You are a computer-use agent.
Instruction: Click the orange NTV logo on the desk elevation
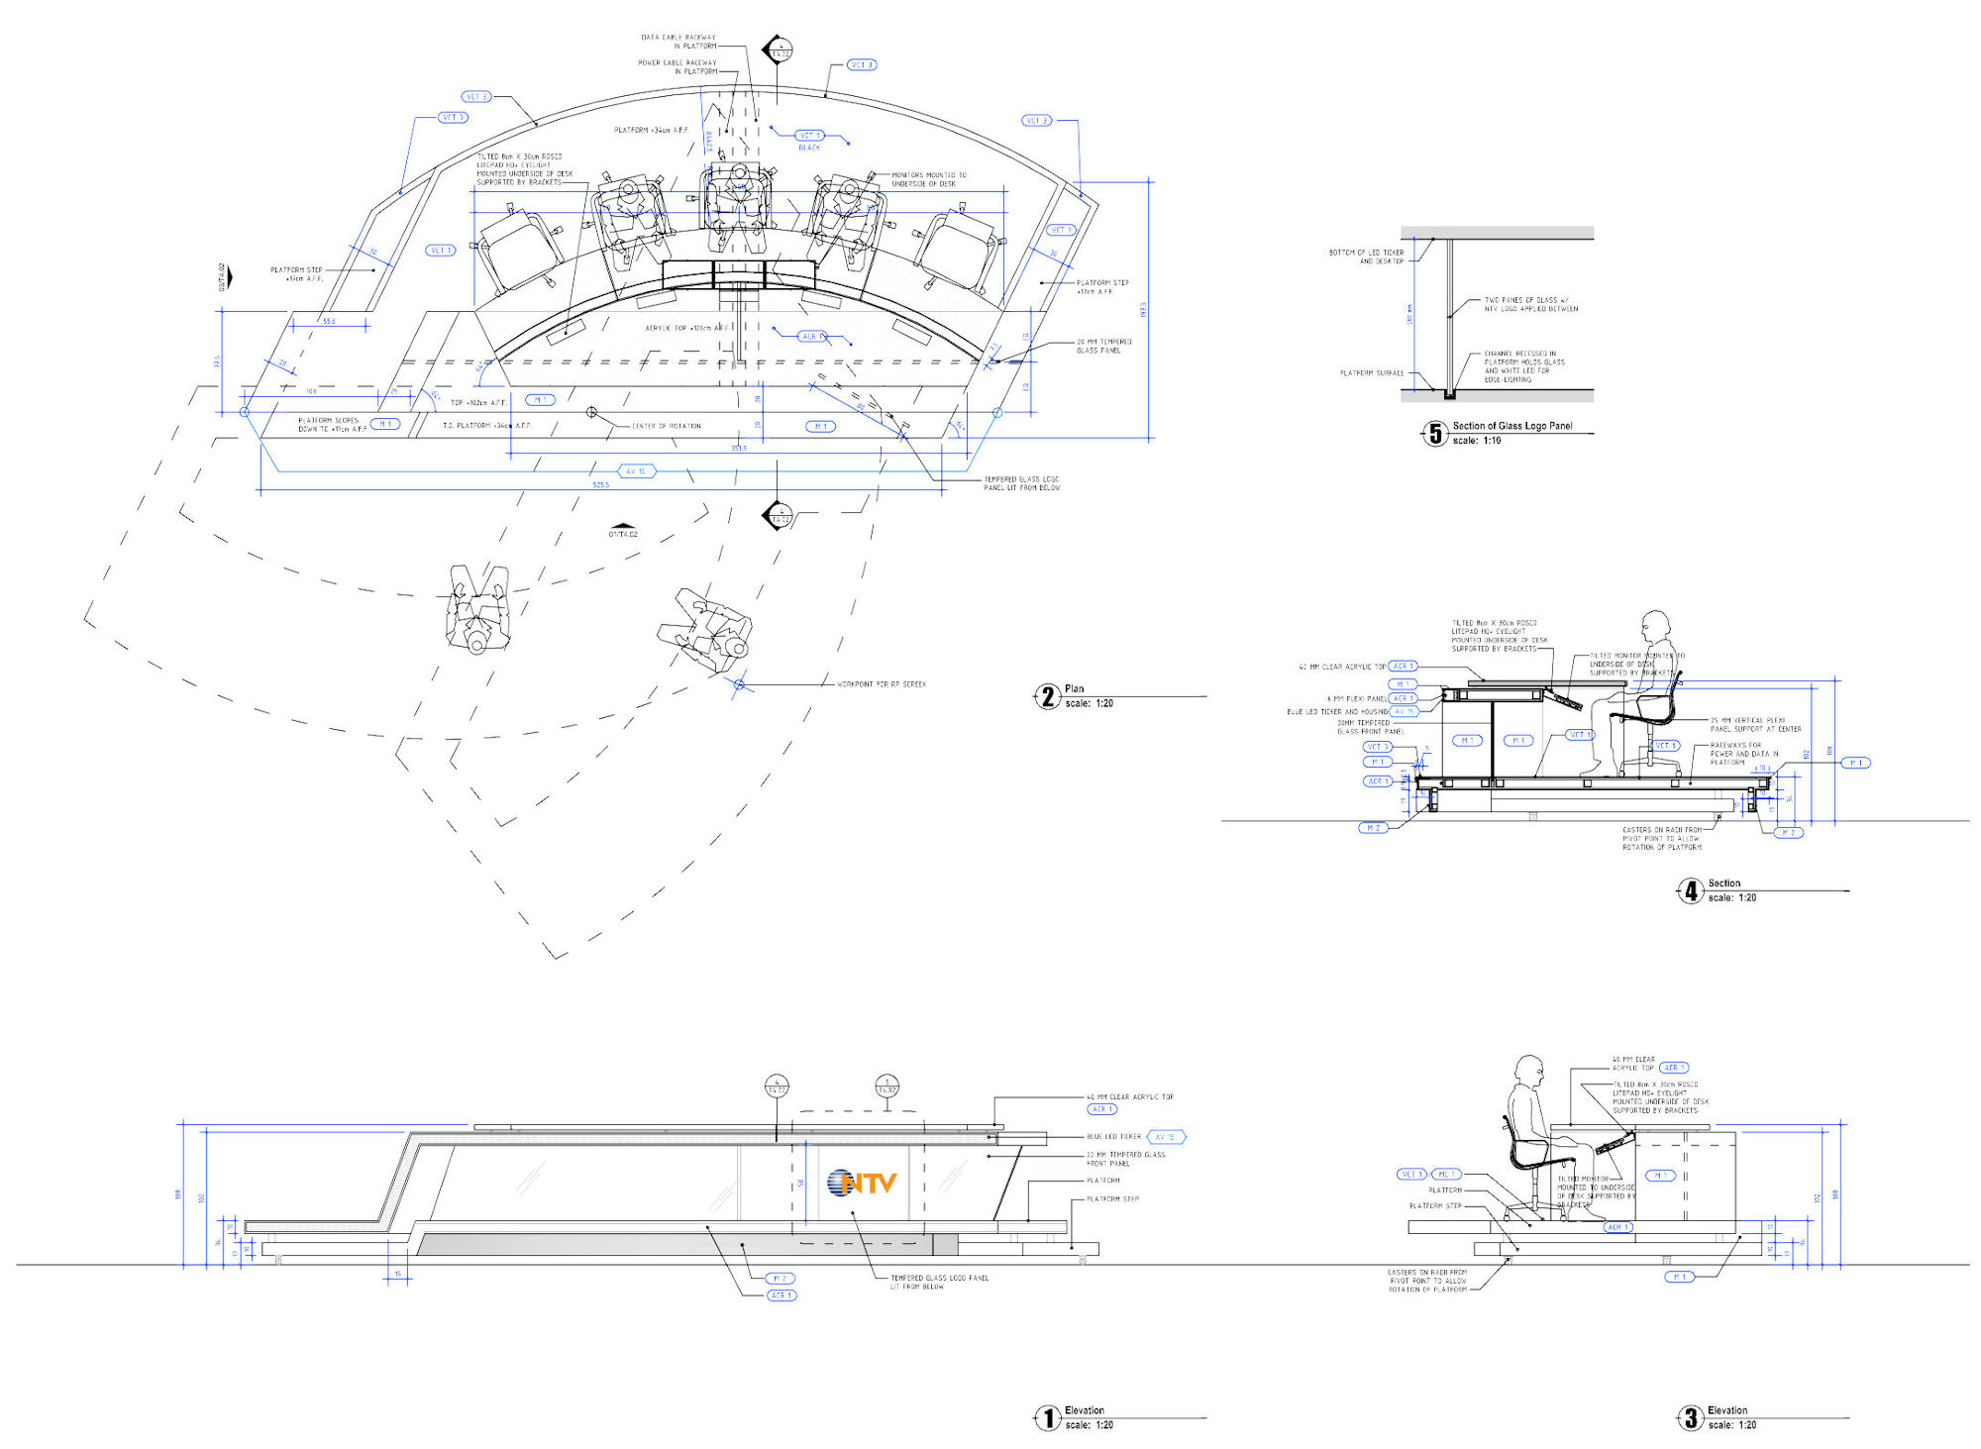[863, 1182]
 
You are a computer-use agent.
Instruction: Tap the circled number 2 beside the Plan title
[1048, 696]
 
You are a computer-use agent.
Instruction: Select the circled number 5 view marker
[1435, 433]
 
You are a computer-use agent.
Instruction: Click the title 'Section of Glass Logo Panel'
[1512, 426]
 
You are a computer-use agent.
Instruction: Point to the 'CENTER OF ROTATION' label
[667, 426]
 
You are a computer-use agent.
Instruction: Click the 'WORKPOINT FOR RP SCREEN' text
[882, 684]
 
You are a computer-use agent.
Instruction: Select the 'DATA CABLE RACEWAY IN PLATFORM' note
[678, 42]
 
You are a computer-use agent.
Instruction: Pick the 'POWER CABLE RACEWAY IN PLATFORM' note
[678, 67]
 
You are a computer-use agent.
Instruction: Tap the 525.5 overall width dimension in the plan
[601, 484]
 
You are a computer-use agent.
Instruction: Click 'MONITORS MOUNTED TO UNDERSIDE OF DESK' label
[928, 179]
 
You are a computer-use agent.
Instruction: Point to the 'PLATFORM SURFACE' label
[1372, 373]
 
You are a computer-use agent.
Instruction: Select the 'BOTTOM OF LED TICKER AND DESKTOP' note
[1367, 257]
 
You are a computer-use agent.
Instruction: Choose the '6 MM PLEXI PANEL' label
[1357, 699]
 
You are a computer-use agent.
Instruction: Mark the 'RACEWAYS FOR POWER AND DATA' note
[1743, 754]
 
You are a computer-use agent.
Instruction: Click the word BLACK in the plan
[809, 148]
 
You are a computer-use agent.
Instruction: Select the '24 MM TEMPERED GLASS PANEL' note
[1103, 346]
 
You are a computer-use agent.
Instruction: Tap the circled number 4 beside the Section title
[1691, 890]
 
